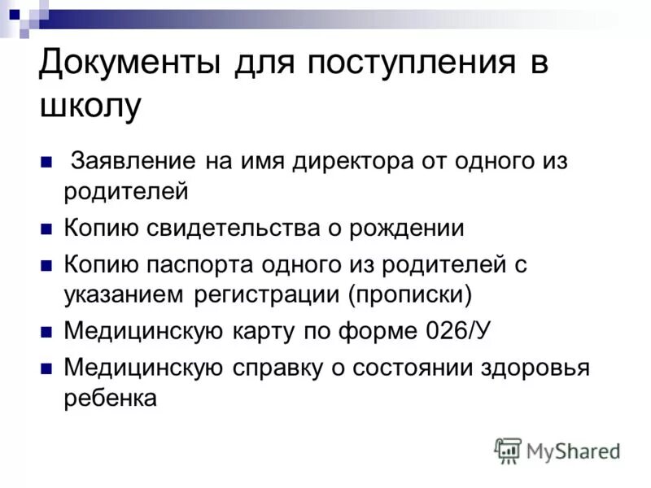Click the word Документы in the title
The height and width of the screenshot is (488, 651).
click(x=131, y=65)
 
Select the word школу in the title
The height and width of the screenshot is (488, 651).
click(x=90, y=107)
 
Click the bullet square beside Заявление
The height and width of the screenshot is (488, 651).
click(x=46, y=161)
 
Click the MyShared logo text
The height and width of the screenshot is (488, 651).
click(x=573, y=450)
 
